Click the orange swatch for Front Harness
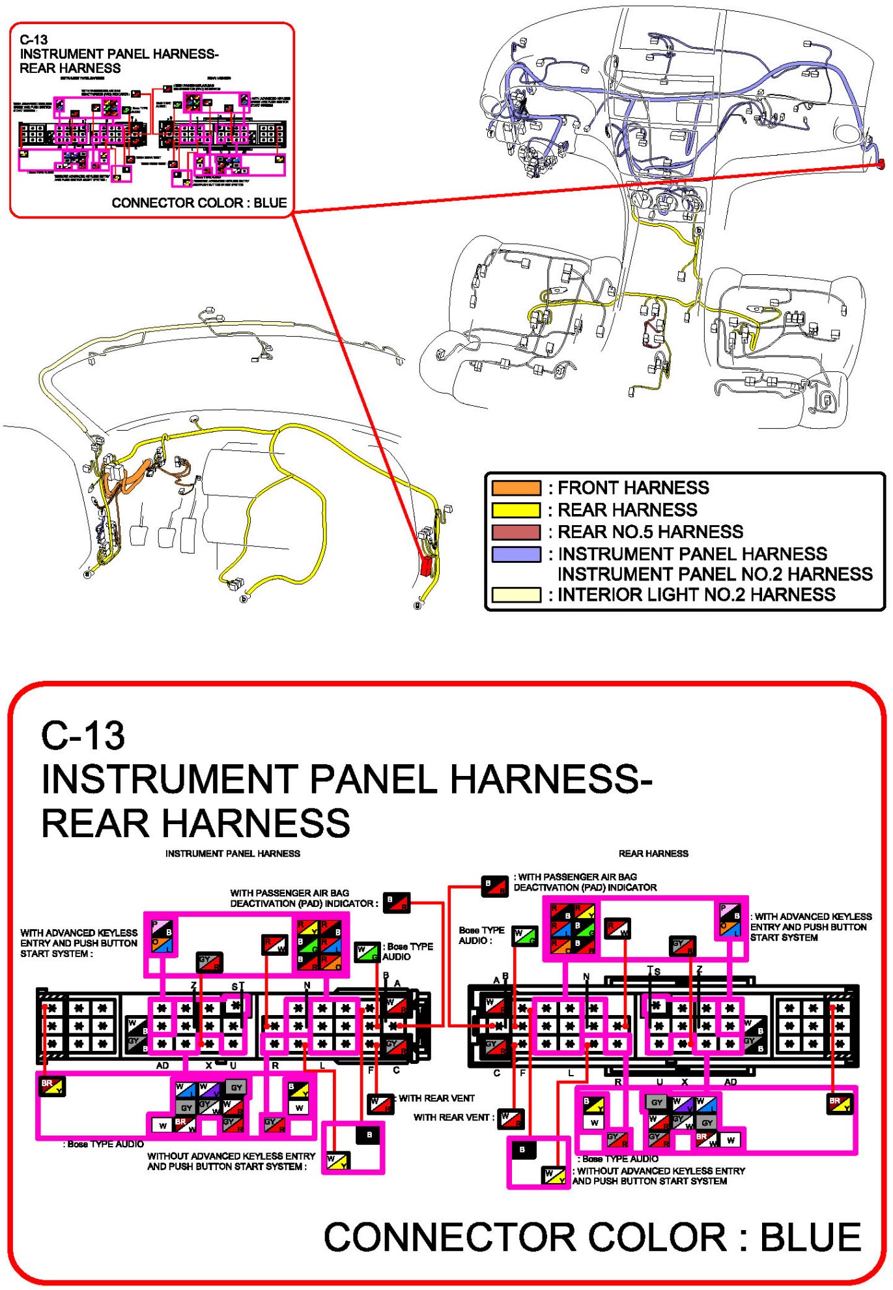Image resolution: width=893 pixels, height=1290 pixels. pos(516,488)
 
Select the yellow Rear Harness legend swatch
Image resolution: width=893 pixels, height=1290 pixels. pos(516,510)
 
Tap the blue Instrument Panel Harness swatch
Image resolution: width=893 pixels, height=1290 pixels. pos(516,554)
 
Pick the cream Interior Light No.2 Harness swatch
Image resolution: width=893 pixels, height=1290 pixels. pos(516,594)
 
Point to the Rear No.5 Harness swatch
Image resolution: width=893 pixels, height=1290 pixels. pos(516,532)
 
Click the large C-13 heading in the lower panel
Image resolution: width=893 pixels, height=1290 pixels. pos(83,736)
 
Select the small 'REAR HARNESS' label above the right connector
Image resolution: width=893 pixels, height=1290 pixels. pos(653,853)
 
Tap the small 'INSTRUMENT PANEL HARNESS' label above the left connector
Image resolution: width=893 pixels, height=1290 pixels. pos(233,853)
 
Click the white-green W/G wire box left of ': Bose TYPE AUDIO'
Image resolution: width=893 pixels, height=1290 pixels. pos(367,952)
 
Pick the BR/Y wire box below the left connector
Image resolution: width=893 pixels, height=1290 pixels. pos(51,1086)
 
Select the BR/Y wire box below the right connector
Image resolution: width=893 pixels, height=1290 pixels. pos(839,1104)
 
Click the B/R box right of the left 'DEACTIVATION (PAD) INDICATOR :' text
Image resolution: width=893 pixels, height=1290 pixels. pos(396,902)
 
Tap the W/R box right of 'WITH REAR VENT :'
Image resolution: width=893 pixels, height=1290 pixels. pos(511,1118)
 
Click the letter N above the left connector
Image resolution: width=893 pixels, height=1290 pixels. pos(307,985)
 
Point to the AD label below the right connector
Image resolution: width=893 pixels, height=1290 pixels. pos(730,1082)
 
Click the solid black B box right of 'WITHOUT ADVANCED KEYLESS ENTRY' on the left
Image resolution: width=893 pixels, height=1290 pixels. pos(369,1135)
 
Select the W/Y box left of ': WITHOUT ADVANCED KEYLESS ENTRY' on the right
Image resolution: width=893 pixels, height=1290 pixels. pos(554,1175)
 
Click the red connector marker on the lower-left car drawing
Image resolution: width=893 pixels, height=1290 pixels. pos(427,566)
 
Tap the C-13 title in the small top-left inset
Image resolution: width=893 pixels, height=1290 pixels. pos(33,40)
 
